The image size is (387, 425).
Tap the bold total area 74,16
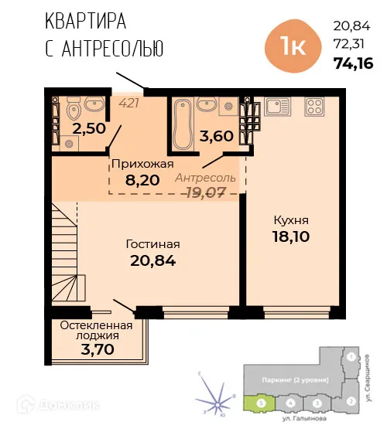352,63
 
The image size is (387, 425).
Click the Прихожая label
142,164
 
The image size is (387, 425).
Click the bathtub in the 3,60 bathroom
182,124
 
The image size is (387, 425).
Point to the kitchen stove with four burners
316,106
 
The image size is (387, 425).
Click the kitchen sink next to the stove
276,106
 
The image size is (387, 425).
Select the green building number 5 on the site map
262,402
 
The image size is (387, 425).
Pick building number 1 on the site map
351,358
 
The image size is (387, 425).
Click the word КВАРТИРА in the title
86,20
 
